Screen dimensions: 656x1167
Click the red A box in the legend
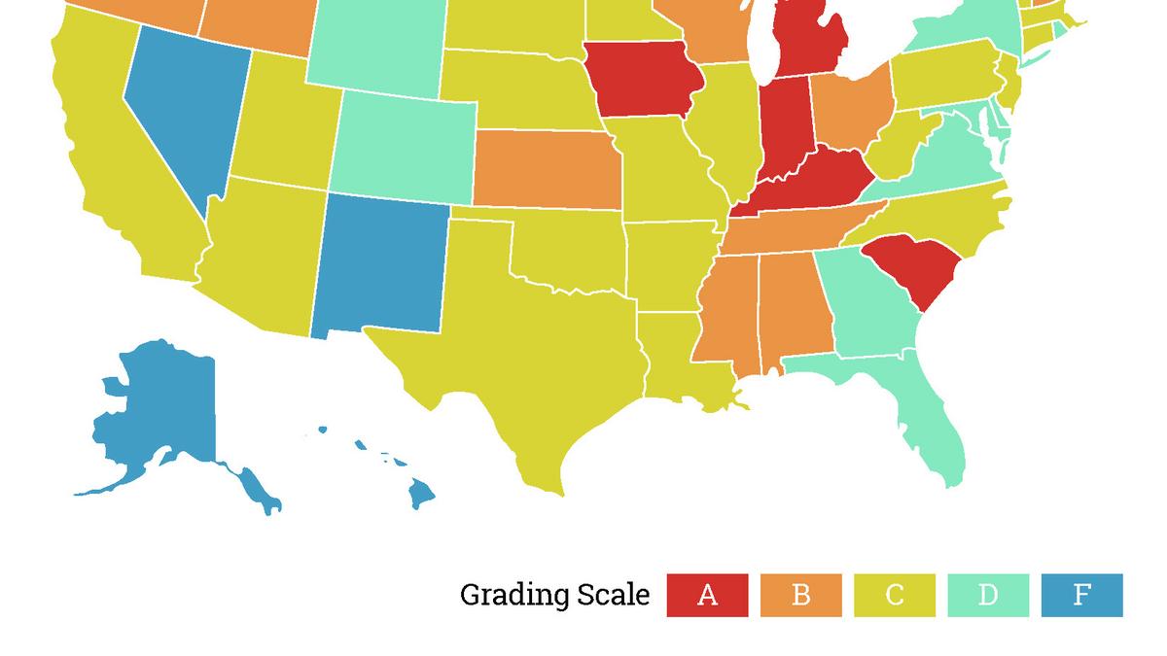click(x=707, y=595)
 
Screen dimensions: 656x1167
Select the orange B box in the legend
click(x=800, y=595)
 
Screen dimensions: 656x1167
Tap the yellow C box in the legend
click(x=895, y=595)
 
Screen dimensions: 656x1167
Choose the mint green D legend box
click(x=988, y=595)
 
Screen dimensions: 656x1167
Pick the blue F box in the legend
click(x=1081, y=595)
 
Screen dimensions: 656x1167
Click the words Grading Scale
click(x=554, y=595)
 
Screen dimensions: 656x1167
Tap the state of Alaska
click(x=156, y=418)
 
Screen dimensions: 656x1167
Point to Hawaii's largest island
click(x=420, y=495)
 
